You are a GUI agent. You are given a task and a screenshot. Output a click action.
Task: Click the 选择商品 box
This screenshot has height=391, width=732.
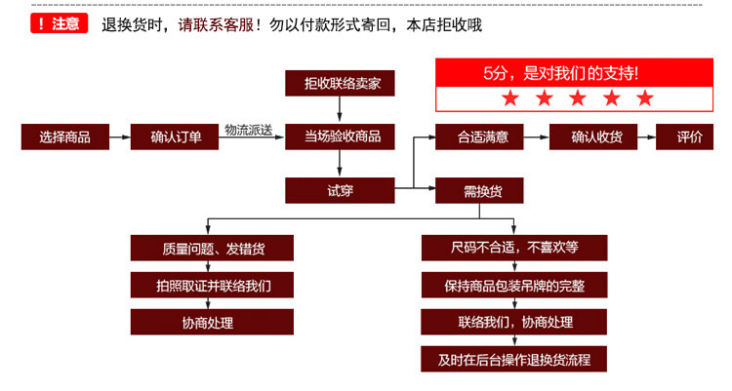point(64,137)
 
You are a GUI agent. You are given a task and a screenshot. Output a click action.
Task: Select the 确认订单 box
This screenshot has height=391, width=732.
point(176,137)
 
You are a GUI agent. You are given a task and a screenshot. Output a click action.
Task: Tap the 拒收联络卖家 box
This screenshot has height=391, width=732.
point(340,85)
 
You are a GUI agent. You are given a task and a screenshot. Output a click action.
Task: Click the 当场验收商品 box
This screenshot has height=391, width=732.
point(340,137)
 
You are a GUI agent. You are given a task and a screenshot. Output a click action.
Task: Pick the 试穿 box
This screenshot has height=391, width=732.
point(340,190)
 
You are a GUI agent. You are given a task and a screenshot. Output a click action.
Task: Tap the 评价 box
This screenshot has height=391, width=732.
point(689,137)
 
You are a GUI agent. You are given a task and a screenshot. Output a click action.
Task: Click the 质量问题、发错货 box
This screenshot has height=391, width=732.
point(212,248)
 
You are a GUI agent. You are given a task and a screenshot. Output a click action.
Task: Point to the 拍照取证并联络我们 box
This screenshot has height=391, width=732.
point(212,285)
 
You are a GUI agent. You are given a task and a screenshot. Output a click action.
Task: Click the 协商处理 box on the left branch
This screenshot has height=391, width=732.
point(212,322)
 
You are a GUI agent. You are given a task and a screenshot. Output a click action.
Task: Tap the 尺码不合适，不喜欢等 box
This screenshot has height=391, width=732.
point(514,248)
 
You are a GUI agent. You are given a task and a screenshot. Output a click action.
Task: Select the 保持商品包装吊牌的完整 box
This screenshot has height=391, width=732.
point(514,285)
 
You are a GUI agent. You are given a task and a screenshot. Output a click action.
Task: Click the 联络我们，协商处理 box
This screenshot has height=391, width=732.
point(514,322)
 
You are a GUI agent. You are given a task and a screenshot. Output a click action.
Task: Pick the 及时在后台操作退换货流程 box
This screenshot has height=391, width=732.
point(514,359)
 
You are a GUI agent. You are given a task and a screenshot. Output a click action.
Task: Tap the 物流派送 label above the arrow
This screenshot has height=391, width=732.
point(247,129)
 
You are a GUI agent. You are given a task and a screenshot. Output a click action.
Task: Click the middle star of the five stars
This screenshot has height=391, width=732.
point(576,98)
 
